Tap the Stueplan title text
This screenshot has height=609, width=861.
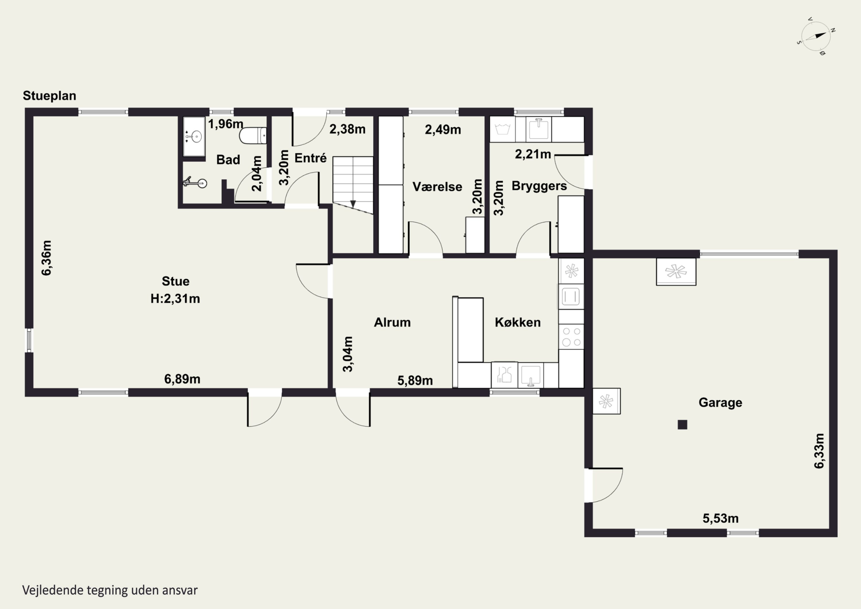(49, 96)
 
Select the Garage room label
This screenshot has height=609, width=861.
(720, 403)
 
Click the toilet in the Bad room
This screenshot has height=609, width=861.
(253, 136)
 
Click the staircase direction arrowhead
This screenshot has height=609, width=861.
(353, 204)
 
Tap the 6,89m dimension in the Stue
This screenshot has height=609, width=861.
(182, 379)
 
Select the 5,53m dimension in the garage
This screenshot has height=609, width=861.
(720, 518)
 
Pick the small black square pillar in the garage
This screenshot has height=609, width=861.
(682, 425)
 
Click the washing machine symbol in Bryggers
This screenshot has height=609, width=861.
(503, 129)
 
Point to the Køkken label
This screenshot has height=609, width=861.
(517, 322)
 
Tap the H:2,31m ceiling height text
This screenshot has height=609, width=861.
(175, 299)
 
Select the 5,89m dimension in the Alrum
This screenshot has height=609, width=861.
(415, 380)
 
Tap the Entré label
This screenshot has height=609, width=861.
(311, 158)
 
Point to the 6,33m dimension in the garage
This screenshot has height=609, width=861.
(819, 451)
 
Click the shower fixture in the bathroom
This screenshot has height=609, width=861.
(195, 183)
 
